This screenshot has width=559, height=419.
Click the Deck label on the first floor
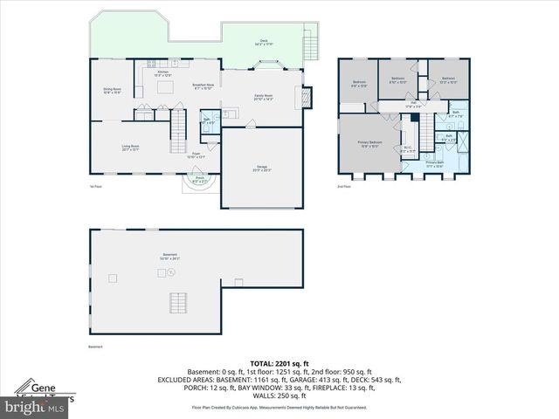(x=263, y=41)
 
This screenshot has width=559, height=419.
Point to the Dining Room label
(x=113, y=90)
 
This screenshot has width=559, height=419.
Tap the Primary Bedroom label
(x=369, y=144)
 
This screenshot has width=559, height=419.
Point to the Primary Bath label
(x=435, y=163)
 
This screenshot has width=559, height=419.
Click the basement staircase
(x=179, y=303)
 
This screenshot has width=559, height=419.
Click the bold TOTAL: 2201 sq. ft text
(x=279, y=361)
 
